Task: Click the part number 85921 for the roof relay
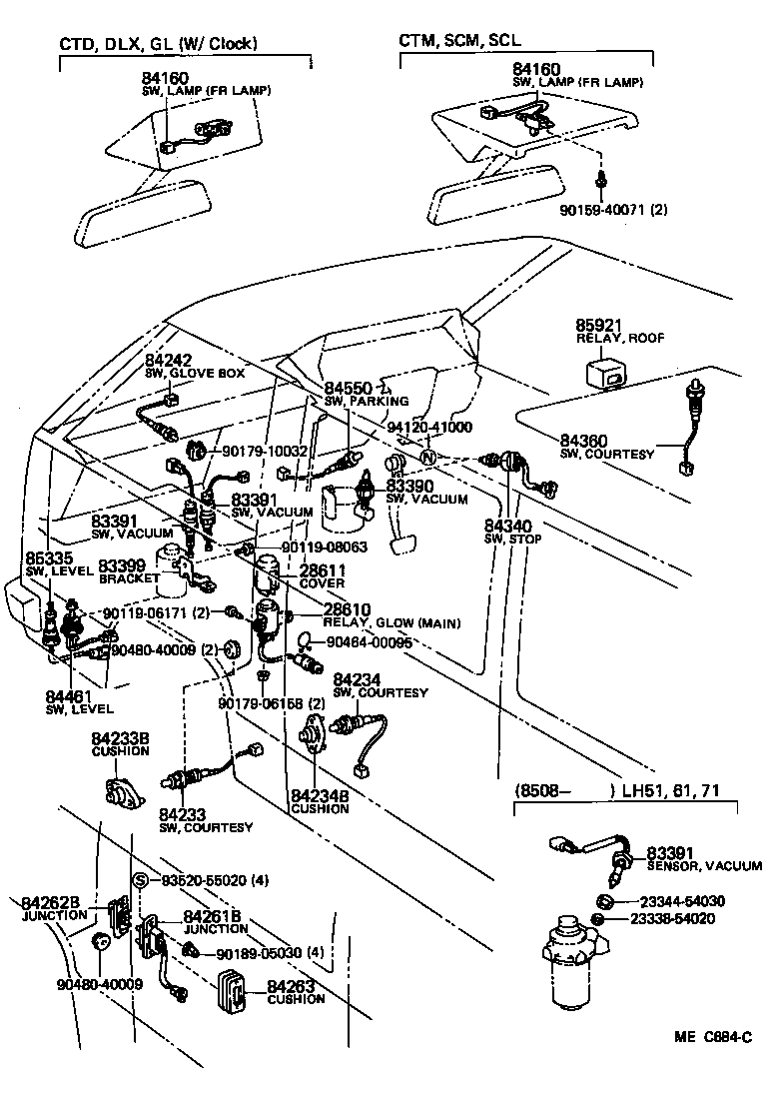pos(598,325)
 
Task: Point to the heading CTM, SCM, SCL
pos(459,41)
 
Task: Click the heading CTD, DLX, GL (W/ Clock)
pos(158,43)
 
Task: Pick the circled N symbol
pos(426,458)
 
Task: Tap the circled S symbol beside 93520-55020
pos(141,879)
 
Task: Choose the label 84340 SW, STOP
pos(512,532)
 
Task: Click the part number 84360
pos(582,441)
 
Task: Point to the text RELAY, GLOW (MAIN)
pos(391,623)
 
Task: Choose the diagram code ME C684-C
pos(712,1037)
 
